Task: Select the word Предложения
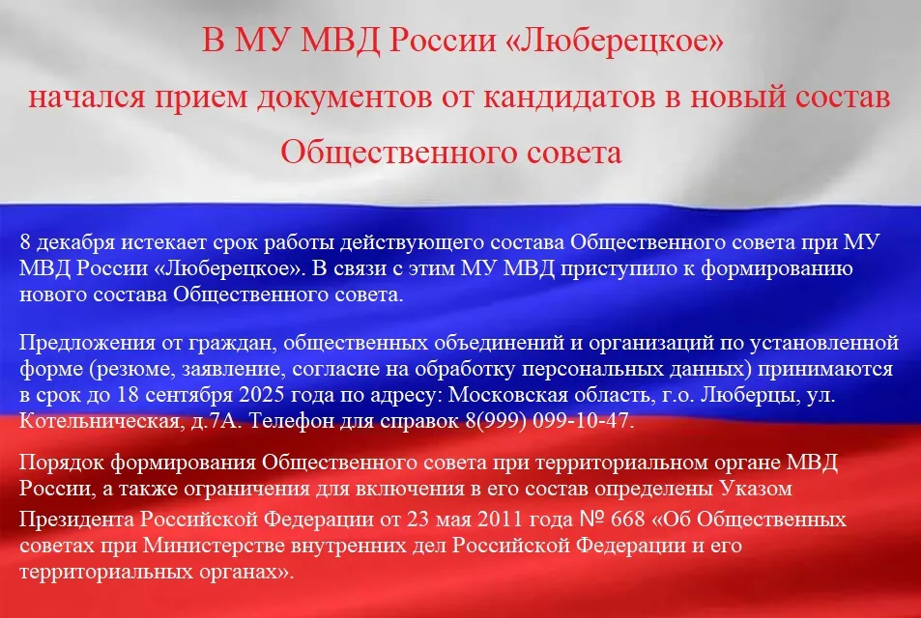coord(80,344)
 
